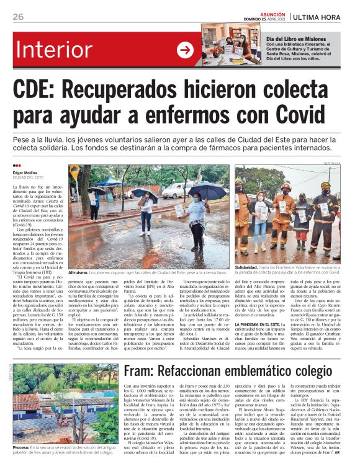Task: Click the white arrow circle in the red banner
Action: pyautogui.click(x=185, y=50)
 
